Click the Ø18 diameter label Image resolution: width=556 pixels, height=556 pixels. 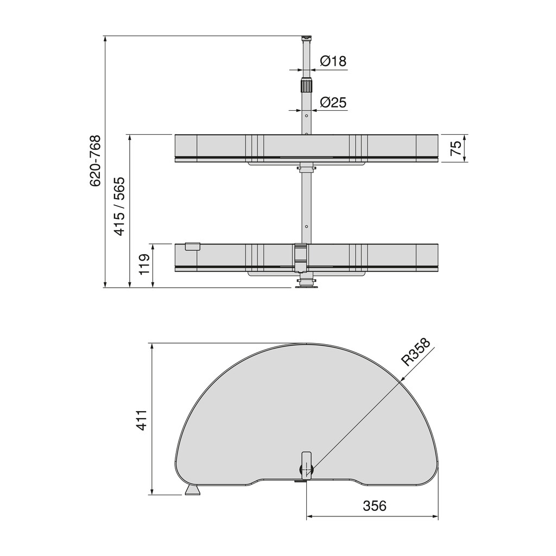pyautogui.click(x=333, y=61)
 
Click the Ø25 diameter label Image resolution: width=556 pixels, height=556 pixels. pyautogui.click(x=333, y=102)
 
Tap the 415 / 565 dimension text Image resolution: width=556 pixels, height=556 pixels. pyautogui.click(x=119, y=206)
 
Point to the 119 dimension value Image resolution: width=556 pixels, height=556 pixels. pyautogui.click(x=144, y=265)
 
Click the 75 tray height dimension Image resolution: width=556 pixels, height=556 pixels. pyautogui.click(x=456, y=148)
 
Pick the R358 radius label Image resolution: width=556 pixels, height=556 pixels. pyautogui.click(x=415, y=352)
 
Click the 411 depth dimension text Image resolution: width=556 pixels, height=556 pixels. pyautogui.click(x=142, y=420)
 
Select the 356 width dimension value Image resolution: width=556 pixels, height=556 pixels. pyautogui.click(x=374, y=506)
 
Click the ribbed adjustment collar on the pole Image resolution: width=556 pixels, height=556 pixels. pyautogui.click(x=307, y=86)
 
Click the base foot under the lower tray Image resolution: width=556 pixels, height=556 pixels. pyautogui.click(x=307, y=285)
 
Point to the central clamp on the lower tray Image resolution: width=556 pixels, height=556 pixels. pyautogui.click(x=300, y=257)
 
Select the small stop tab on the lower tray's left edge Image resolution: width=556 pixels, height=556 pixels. pyautogui.click(x=192, y=246)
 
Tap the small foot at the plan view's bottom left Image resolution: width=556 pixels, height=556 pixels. pyautogui.click(x=193, y=491)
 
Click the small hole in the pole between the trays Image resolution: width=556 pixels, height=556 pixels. pyautogui.click(x=307, y=226)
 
